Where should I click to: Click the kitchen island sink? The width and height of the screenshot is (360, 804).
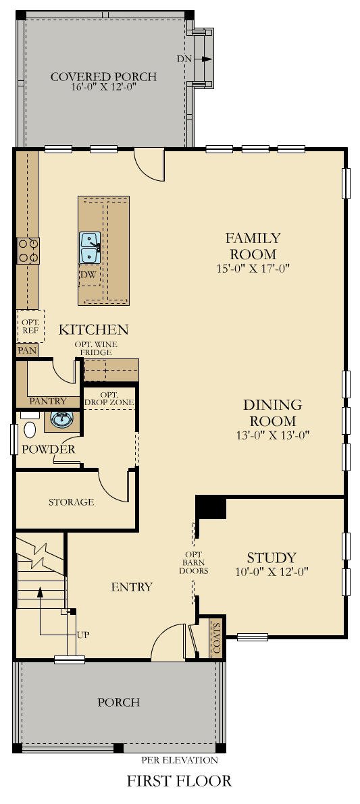(90, 247)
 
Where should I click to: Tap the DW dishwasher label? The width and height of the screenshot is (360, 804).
(87, 275)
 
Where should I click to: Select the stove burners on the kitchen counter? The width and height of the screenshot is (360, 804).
(28, 250)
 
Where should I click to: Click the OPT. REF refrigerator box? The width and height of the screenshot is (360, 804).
(30, 325)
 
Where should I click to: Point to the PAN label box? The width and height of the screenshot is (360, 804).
(27, 350)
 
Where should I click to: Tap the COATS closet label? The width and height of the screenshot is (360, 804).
(216, 635)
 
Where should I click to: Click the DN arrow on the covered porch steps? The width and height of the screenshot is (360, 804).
(203, 59)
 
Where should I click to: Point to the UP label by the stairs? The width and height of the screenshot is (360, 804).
(83, 635)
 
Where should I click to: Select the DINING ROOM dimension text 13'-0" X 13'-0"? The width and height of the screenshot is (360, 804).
(272, 434)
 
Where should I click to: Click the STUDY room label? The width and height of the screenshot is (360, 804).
(271, 558)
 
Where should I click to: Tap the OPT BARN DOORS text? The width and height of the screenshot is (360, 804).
(193, 562)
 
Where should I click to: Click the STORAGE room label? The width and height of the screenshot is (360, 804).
(71, 502)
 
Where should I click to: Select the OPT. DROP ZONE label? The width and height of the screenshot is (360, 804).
(109, 398)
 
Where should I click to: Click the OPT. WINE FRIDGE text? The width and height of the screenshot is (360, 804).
(96, 348)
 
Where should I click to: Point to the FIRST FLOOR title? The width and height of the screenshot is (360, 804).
(179, 781)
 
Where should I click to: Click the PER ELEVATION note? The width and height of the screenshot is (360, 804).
(179, 759)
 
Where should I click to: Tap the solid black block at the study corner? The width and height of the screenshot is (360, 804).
(210, 508)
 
